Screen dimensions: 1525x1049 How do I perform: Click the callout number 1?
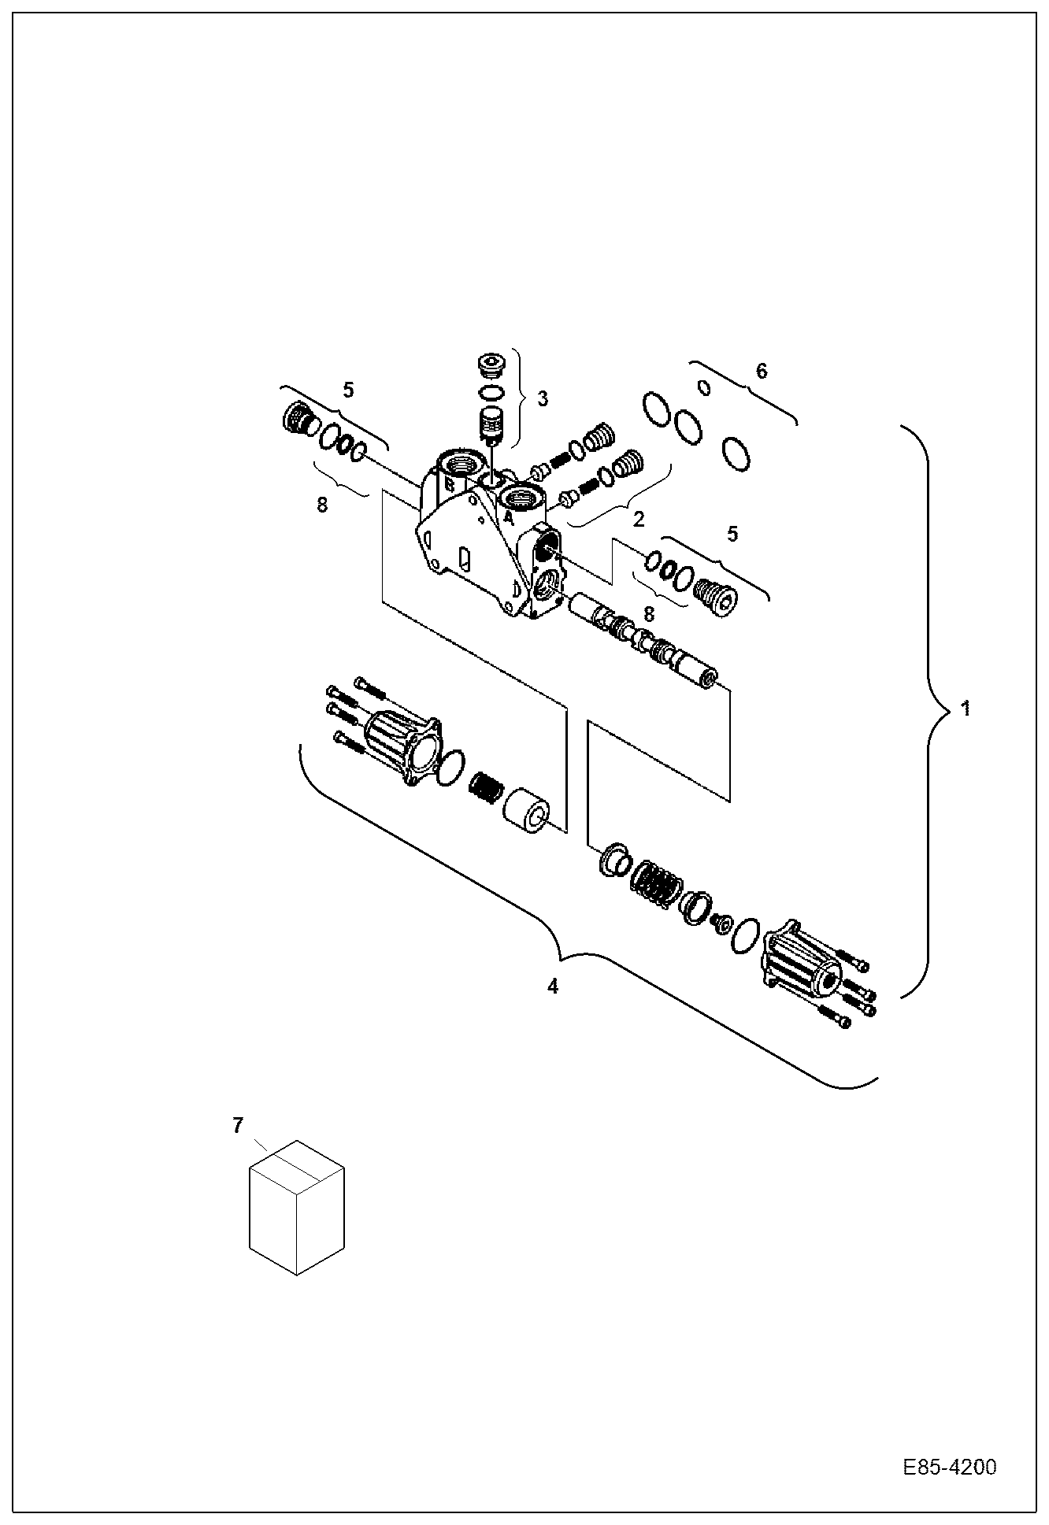[966, 709]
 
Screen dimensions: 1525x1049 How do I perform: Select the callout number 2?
[638, 519]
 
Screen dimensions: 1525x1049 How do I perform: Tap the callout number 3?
[543, 398]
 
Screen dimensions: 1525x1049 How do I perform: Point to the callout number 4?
[553, 986]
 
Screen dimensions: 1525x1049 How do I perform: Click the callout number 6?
[761, 371]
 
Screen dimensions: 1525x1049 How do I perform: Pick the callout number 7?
[238, 1126]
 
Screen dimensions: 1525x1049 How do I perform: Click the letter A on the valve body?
[509, 519]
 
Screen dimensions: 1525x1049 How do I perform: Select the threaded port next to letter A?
[521, 498]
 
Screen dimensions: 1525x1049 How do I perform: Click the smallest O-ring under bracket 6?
[705, 387]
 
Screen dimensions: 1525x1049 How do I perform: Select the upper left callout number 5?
[347, 389]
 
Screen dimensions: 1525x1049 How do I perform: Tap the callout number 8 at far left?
[321, 505]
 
